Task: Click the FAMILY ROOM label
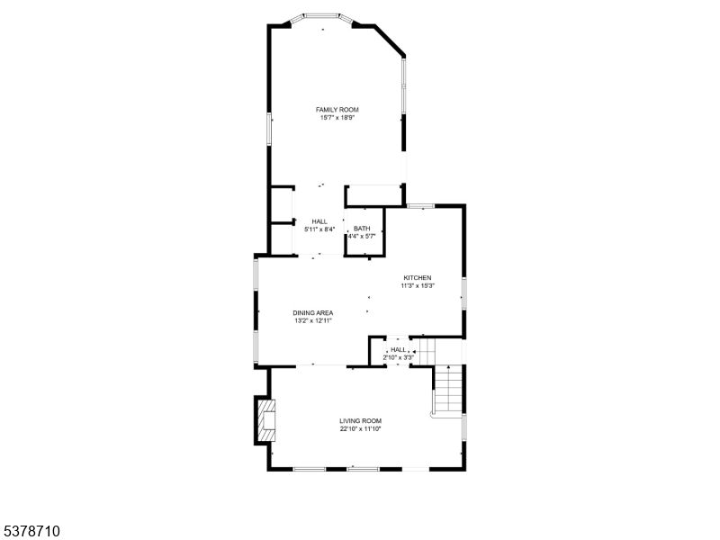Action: pos(337,110)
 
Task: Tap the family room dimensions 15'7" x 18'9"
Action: pos(337,118)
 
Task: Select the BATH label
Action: pos(362,229)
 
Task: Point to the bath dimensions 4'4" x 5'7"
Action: pos(362,237)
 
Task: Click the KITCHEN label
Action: pos(418,278)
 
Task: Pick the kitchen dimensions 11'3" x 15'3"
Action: pos(418,285)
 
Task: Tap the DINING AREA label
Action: pos(313,313)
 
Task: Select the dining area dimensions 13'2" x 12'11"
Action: pos(313,321)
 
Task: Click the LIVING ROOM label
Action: pos(361,421)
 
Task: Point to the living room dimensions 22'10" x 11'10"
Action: pos(361,429)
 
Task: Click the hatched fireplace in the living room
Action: pos(265,420)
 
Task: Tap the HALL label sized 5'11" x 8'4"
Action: pos(319,221)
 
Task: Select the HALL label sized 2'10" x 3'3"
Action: pos(399,350)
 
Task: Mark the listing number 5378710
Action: pos(31,531)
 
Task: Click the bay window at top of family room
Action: pos(321,18)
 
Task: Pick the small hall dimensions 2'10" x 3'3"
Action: pos(399,357)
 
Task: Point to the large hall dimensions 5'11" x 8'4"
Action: pos(319,229)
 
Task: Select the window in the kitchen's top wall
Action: pos(420,206)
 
